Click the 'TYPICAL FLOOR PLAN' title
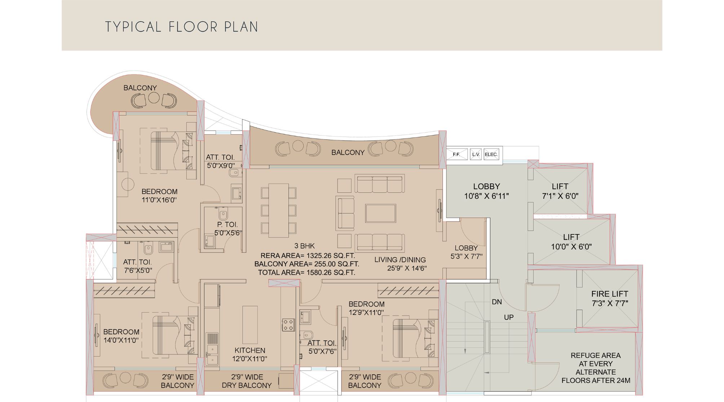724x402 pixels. [x=181, y=27]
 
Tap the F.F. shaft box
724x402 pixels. [x=457, y=154]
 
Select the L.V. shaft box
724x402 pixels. [x=476, y=154]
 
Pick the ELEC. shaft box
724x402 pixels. [x=491, y=154]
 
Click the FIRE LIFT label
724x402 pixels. [x=610, y=294]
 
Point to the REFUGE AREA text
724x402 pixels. [x=596, y=356]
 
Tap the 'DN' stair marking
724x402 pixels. [x=497, y=302]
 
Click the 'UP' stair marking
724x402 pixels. [x=509, y=317]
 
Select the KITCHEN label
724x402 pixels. [x=250, y=350]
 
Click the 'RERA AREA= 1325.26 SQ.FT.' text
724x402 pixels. [x=308, y=256]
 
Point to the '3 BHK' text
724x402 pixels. [x=305, y=246]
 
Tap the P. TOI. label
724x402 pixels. [x=228, y=224]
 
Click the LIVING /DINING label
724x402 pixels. [x=400, y=260]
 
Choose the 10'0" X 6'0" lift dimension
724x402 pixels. [x=571, y=247]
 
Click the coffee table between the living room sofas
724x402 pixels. [x=380, y=213]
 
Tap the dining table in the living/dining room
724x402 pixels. [x=279, y=210]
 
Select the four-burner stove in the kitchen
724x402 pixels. [x=288, y=325]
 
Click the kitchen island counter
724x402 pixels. [x=250, y=325]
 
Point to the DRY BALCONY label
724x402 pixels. [x=247, y=385]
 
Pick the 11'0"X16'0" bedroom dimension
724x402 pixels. [x=159, y=200]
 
